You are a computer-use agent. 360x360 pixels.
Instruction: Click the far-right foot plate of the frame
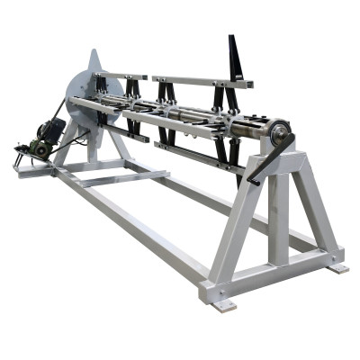pyautogui.click(x=337, y=267)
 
